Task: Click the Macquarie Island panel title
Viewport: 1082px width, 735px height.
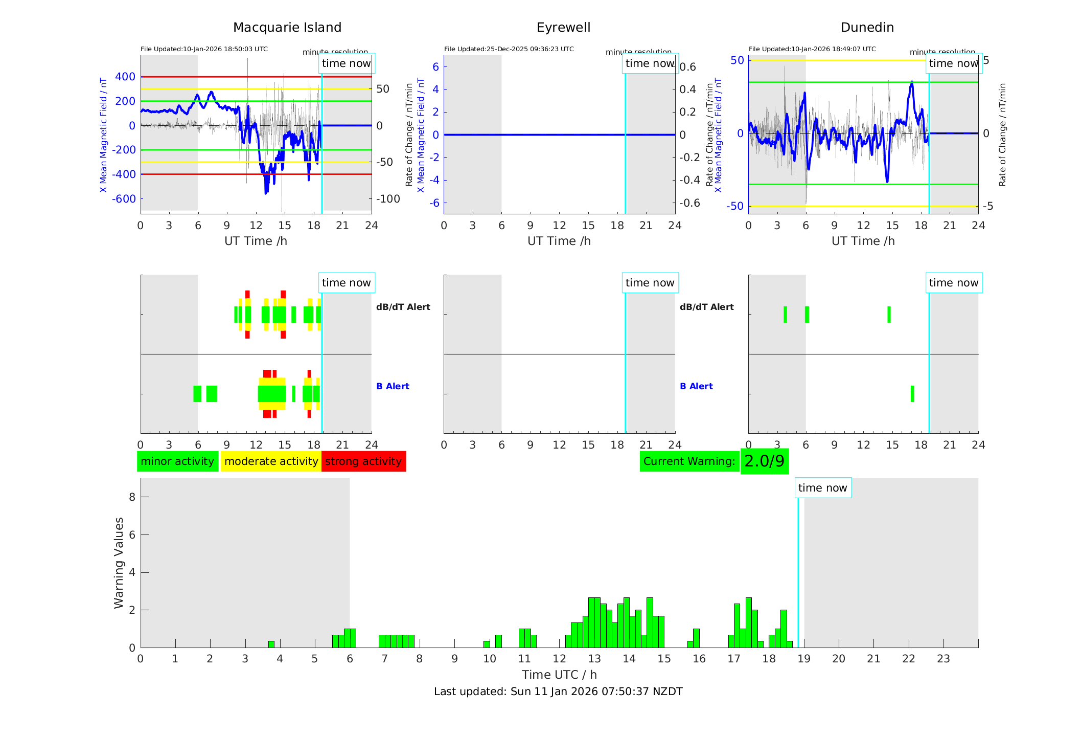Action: coord(287,28)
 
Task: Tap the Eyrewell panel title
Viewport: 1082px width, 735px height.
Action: coord(563,28)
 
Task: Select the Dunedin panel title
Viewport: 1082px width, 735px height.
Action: coord(867,28)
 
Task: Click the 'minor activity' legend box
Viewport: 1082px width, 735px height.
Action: coord(177,461)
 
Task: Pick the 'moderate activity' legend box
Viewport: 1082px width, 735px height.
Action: coord(271,461)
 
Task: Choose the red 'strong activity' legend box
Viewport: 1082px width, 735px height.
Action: coord(363,461)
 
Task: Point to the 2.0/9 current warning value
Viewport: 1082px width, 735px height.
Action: coord(764,461)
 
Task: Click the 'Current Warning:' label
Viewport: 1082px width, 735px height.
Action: coord(689,461)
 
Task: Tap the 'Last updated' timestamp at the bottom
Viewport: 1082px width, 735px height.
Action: coord(558,692)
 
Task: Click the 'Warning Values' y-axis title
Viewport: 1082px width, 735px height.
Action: coord(119,563)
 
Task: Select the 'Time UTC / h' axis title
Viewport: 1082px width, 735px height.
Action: coord(559,675)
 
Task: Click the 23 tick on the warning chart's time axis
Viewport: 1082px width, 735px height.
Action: coord(943,659)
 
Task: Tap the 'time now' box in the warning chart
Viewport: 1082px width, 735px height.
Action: coord(822,488)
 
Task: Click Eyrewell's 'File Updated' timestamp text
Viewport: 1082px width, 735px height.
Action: coord(509,49)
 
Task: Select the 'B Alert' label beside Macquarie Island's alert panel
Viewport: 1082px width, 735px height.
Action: coord(393,386)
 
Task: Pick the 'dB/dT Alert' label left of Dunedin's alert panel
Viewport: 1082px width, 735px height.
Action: coord(706,307)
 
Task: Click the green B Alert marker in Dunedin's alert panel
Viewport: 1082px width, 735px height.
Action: coord(912,394)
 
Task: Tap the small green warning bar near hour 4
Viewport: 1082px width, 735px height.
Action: coord(271,644)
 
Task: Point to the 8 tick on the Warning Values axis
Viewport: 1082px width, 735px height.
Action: coord(132,497)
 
